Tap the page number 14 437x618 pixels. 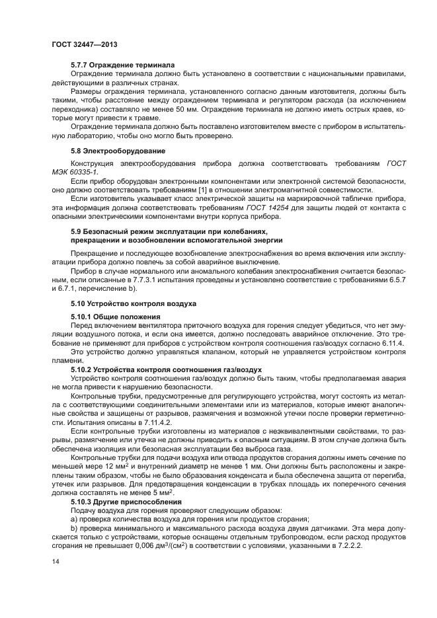tap(55, 560)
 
